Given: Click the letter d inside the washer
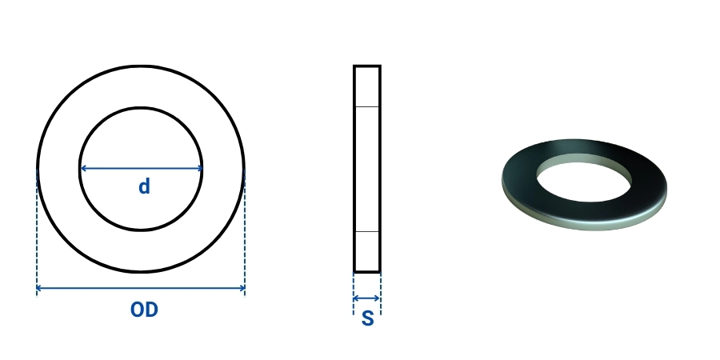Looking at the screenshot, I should tap(144, 187).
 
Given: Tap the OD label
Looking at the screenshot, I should tap(144, 310).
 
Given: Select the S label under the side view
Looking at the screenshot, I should tap(367, 318).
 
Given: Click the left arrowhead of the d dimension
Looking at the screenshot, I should tap(83, 169).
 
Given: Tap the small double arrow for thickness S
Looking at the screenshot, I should tap(367, 298).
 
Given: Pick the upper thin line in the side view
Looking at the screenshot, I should tap(367, 106).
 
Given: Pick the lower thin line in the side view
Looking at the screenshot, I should tap(367, 232).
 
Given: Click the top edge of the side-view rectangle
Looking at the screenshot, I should tap(367, 66).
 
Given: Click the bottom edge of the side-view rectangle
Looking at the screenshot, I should tap(367, 272).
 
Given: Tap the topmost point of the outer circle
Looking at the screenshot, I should tap(141, 66).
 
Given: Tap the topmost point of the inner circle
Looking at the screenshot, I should tap(141, 108).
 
